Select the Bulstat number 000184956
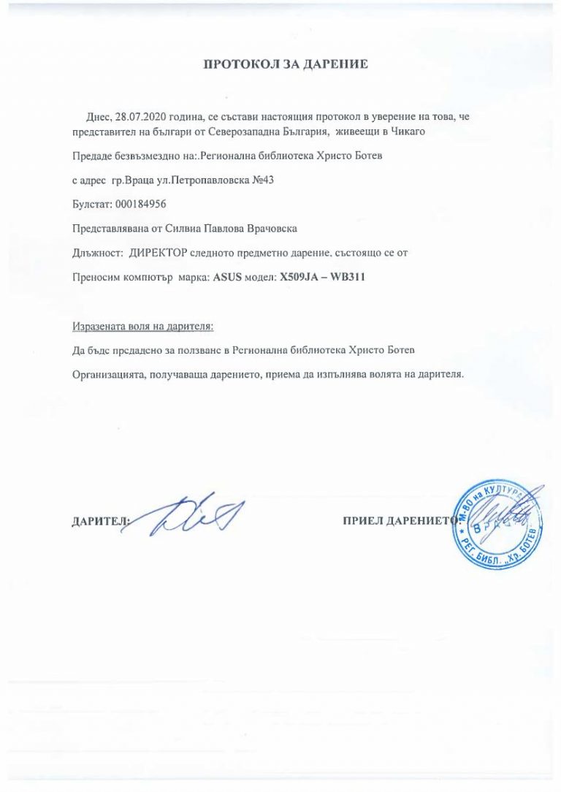click(x=141, y=204)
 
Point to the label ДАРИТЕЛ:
click(x=99, y=522)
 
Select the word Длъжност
click(x=97, y=253)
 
